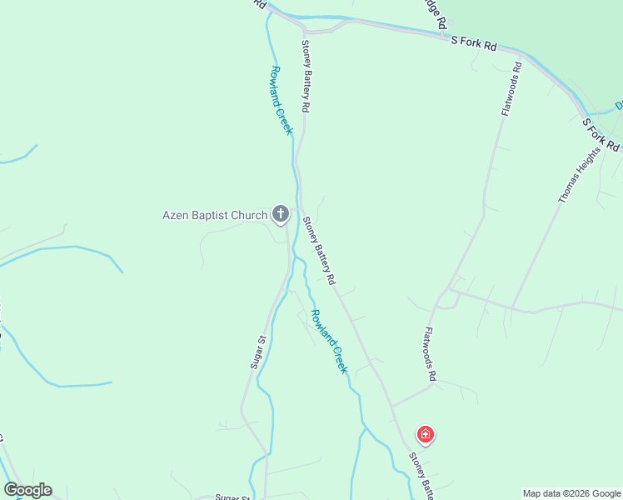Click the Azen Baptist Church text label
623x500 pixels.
coord(214,216)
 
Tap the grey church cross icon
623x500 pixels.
coord(281,215)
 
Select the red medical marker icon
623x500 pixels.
coord(425,435)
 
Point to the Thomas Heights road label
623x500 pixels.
coord(579,177)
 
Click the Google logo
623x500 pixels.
coord(27,490)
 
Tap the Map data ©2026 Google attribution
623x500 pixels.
coord(571,493)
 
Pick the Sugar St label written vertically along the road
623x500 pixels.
coord(257,352)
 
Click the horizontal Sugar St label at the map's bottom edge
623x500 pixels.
coord(233,497)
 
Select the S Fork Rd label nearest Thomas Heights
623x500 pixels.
coord(601,134)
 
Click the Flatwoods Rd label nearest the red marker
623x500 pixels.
coord(430,353)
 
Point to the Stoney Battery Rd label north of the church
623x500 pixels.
coord(306,76)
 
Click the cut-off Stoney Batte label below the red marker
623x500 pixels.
coord(421,477)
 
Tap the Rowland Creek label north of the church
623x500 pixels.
coord(282,100)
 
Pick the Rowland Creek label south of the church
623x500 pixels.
coord(328,341)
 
